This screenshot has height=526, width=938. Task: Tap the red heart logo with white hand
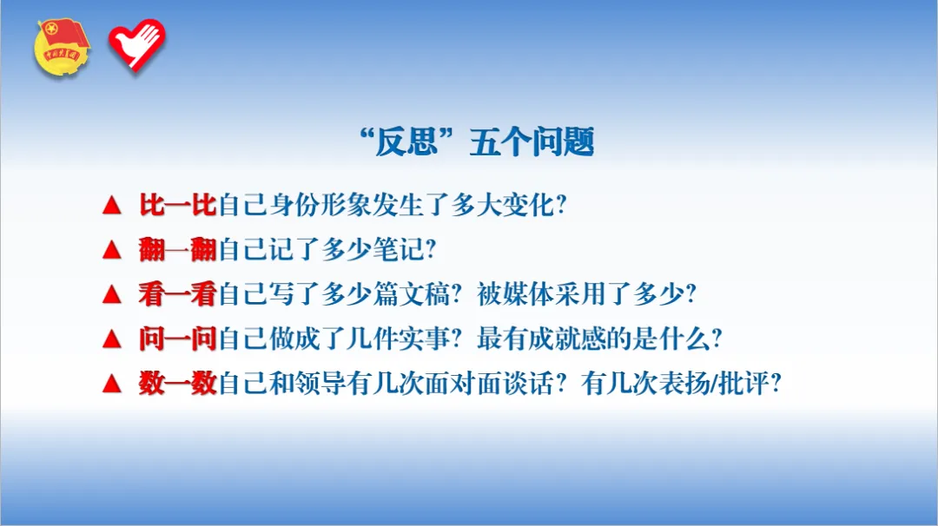tap(136, 44)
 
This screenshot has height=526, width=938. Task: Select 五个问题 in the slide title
tap(531, 142)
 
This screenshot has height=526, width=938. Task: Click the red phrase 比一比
tap(177, 206)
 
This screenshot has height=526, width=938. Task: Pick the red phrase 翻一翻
tap(177, 250)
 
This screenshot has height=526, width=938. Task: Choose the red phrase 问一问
tap(177, 339)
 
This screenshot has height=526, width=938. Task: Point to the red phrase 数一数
tap(177, 384)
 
